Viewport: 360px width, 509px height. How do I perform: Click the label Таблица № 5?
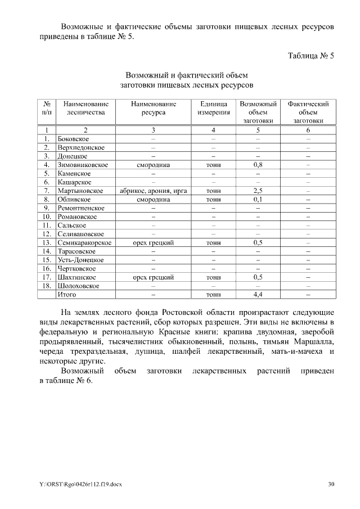click(311, 56)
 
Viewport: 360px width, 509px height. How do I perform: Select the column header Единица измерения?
click(214, 108)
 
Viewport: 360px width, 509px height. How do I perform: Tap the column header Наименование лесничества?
click(85, 108)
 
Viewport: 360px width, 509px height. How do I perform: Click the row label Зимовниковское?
click(83, 165)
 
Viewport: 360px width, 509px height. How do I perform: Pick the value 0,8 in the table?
click(258, 165)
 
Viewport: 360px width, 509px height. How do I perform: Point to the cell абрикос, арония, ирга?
click(154, 191)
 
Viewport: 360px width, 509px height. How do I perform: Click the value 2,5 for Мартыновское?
click(258, 191)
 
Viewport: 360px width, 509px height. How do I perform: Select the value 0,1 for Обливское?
click(258, 199)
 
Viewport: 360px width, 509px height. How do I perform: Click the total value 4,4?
click(258, 294)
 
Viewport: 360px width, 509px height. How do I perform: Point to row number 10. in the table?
click(47, 217)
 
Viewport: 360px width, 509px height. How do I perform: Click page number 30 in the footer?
click(331, 484)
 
